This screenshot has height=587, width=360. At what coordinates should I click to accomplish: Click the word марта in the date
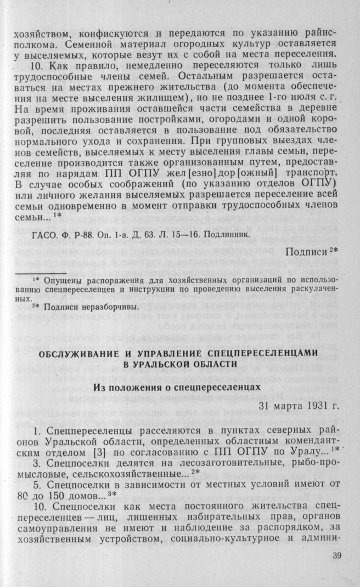[279, 407]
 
